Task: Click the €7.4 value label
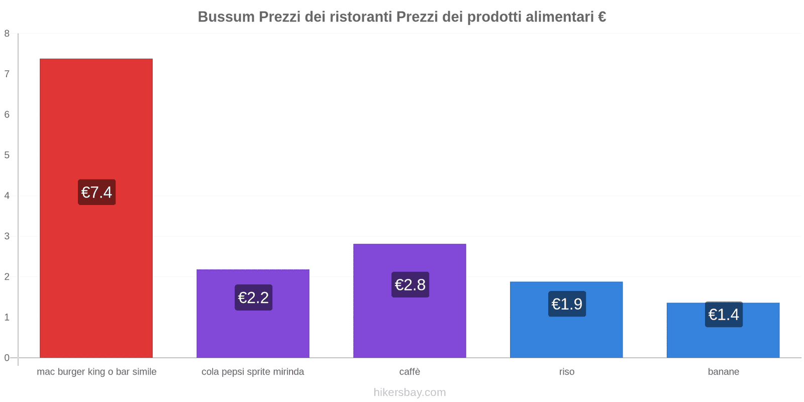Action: point(96,192)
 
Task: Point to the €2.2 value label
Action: point(253,297)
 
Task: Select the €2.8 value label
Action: point(410,285)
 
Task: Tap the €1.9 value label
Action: point(567,304)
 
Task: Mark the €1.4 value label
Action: point(724,315)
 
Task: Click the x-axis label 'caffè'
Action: point(410,372)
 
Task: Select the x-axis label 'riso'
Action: point(566,372)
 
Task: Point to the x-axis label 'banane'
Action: point(723,372)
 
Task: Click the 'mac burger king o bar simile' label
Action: point(96,372)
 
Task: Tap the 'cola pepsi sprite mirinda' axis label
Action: point(253,372)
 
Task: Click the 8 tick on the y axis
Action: point(7,34)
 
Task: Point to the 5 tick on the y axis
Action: point(7,155)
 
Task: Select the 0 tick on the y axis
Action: point(7,358)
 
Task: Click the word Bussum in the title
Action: point(226,17)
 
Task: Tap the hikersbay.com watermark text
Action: point(410,392)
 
